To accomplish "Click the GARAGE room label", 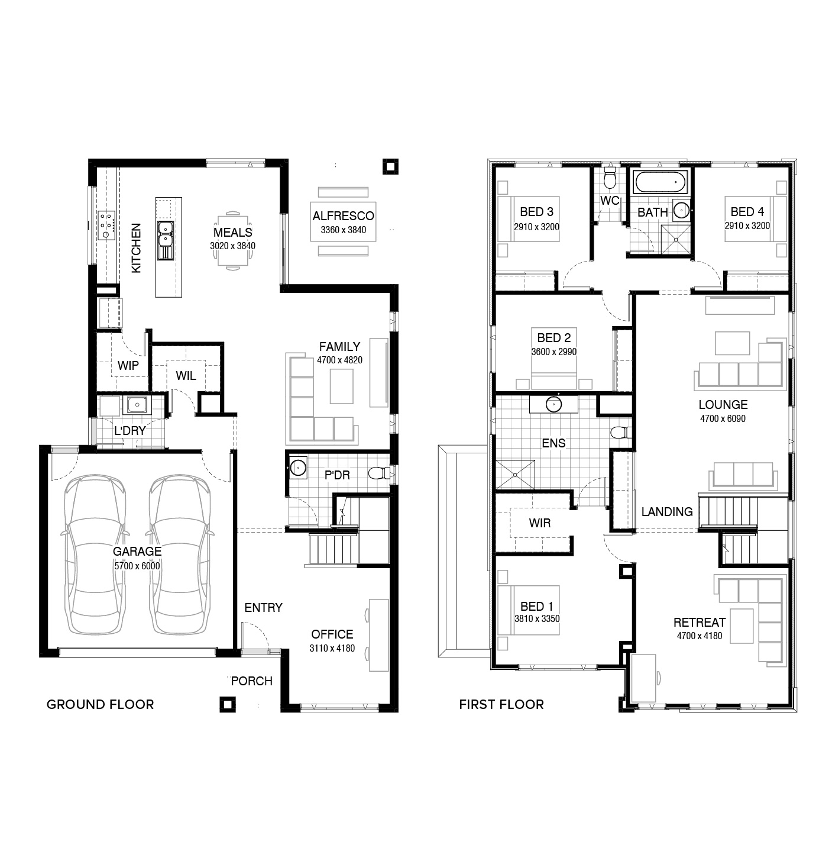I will pyautogui.click(x=137, y=552).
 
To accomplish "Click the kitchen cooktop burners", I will pyautogui.click(x=106, y=225).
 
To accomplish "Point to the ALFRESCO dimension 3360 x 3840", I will pyautogui.click(x=343, y=230).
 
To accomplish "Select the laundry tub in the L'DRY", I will pyautogui.click(x=137, y=405).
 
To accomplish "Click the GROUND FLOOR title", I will pyautogui.click(x=100, y=704).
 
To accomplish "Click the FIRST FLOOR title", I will pyautogui.click(x=501, y=704).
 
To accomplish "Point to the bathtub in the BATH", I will pyautogui.click(x=661, y=182).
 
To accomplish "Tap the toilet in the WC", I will pyautogui.click(x=610, y=177).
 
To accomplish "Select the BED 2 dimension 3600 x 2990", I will pyautogui.click(x=553, y=352).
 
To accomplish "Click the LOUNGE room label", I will pyautogui.click(x=723, y=405).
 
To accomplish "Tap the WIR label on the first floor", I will pyautogui.click(x=539, y=523).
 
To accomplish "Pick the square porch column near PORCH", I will pyautogui.click(x=227, y=704).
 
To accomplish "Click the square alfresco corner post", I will pyautogui.click(x=390, y=167).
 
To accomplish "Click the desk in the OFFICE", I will pyautogui.click(x=379, y=634).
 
